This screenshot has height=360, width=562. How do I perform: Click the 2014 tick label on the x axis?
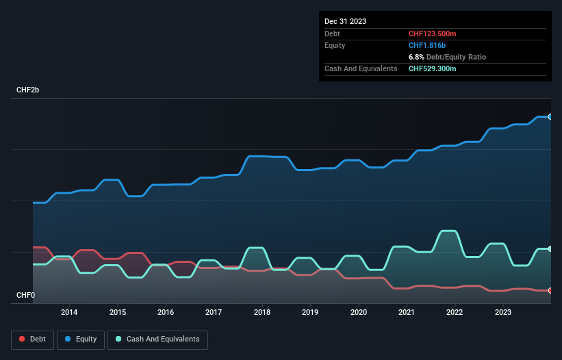point(69,313)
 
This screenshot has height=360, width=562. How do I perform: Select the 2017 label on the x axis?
point(214,313)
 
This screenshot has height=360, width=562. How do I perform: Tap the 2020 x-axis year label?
point(359,313)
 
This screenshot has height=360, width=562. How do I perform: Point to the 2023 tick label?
point(503,313)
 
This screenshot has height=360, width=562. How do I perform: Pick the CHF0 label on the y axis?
point(26,296)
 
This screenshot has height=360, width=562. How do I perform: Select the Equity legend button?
point(81,339)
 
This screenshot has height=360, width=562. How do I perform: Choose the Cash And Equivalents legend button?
point(157,339)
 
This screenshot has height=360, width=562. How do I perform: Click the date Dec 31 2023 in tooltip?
point(345,21)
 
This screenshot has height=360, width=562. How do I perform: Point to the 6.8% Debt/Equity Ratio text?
point(447,57)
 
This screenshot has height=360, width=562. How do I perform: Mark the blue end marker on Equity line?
point(550,117)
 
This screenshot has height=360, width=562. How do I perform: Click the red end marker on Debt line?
point(550,291)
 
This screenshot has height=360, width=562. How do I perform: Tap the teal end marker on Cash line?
point(550,249)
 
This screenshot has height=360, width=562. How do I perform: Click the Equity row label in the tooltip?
point(335,45)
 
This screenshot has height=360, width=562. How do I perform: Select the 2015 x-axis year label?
point(118,313)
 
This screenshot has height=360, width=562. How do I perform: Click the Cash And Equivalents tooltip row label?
point(361,68)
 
